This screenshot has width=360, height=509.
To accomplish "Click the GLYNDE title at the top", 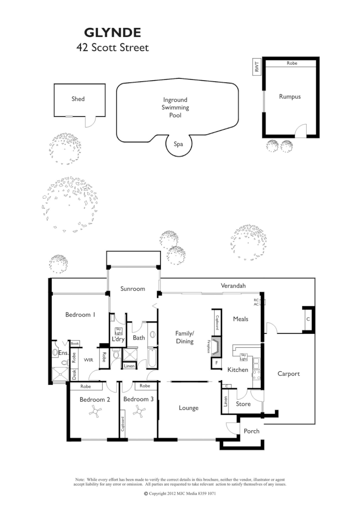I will point(112,33).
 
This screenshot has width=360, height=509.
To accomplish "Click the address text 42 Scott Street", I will point(112,47).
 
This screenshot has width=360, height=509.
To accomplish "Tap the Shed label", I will point(78,99).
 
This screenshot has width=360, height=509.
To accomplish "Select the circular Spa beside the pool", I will point(179,143).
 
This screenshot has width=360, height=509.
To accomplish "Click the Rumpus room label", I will point(289,96).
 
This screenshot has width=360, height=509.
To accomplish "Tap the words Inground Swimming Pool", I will point(175,107).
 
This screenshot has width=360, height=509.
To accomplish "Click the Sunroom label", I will point(132,289).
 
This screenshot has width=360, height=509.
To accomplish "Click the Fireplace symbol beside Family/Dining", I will point(216,345).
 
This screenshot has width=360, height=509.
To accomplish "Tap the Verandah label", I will point(233,286).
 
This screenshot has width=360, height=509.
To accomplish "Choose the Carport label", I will point(288,374).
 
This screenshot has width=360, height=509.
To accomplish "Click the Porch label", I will point(252,431).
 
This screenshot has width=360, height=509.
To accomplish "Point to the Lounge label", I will point(189,408).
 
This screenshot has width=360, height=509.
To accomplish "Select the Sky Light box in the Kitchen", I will point(243,356).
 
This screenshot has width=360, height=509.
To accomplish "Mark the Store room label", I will point(243,404).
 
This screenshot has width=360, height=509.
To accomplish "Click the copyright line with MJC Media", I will point(180,493).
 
